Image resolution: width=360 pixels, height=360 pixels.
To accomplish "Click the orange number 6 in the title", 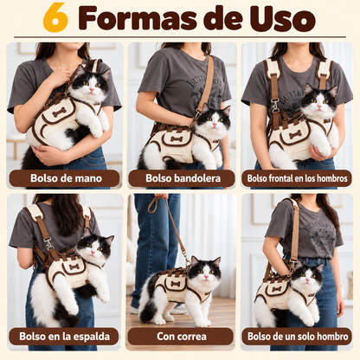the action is click(55, 18).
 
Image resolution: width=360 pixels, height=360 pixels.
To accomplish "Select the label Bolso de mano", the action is click(66, 178).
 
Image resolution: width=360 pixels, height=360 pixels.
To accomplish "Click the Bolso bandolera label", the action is click(183, 178).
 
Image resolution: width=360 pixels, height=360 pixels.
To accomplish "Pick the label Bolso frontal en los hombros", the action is click(297, 178).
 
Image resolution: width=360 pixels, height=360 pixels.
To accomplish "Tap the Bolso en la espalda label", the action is click(64, 337).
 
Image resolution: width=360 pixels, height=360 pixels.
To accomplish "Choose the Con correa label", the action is click(182, 337).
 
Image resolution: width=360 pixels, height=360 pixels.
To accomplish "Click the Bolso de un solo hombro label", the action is click(298, 337).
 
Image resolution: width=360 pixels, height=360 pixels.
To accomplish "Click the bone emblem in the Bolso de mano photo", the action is click(60, 112).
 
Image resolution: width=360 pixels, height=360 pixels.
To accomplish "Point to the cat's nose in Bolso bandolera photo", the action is click(215, 125).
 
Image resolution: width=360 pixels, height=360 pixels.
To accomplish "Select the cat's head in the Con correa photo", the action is click(205, 271).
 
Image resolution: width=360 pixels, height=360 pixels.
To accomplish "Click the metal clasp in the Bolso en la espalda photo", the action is click(48, 243).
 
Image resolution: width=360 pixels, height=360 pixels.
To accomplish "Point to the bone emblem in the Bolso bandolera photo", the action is click(177, 139).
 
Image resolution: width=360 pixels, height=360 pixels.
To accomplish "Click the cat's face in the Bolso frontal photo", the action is click(318, 103).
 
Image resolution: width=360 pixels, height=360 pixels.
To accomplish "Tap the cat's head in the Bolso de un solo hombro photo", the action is click(306, 277).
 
